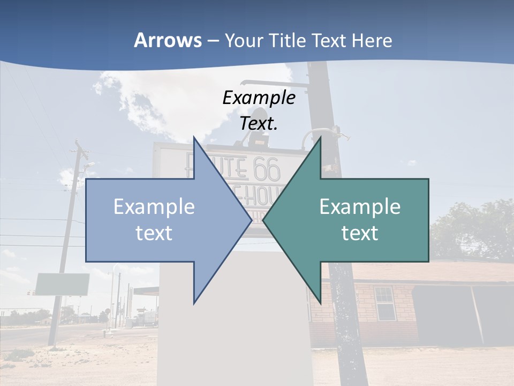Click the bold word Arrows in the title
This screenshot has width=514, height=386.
tap(168, 40)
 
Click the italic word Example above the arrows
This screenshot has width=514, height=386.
tap(259, 98)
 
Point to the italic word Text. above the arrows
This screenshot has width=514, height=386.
tap(259, 123)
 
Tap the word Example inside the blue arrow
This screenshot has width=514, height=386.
tap(154, 207)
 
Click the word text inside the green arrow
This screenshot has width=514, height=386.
tap(360, 233)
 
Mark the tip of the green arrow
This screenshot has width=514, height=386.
tap(263, 220)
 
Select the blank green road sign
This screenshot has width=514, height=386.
tap(62, 284)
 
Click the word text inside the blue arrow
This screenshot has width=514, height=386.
tap(154, 233)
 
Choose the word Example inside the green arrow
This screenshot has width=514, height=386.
tap(360, 207)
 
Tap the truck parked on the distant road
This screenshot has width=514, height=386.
tap(147, 318)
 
